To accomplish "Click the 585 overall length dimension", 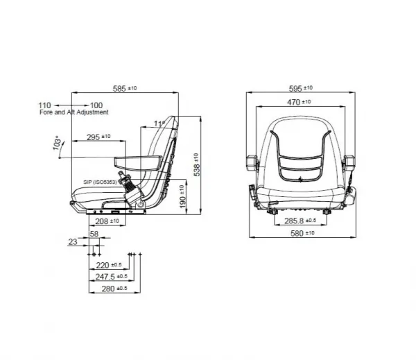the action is tap(125, 88).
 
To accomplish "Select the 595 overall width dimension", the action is tap(301, 88).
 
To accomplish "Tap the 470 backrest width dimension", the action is tap(299, 102).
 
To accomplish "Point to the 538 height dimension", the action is tap(197, 164).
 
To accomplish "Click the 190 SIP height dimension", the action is tap(182, 196).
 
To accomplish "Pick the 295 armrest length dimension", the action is tap(98, 137).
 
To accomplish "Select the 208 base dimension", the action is tap(107, 221).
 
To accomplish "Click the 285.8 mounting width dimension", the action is tap(300, 221).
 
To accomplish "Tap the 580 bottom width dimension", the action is tap(302, 233).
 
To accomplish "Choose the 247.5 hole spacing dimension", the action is tap(112, 277).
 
